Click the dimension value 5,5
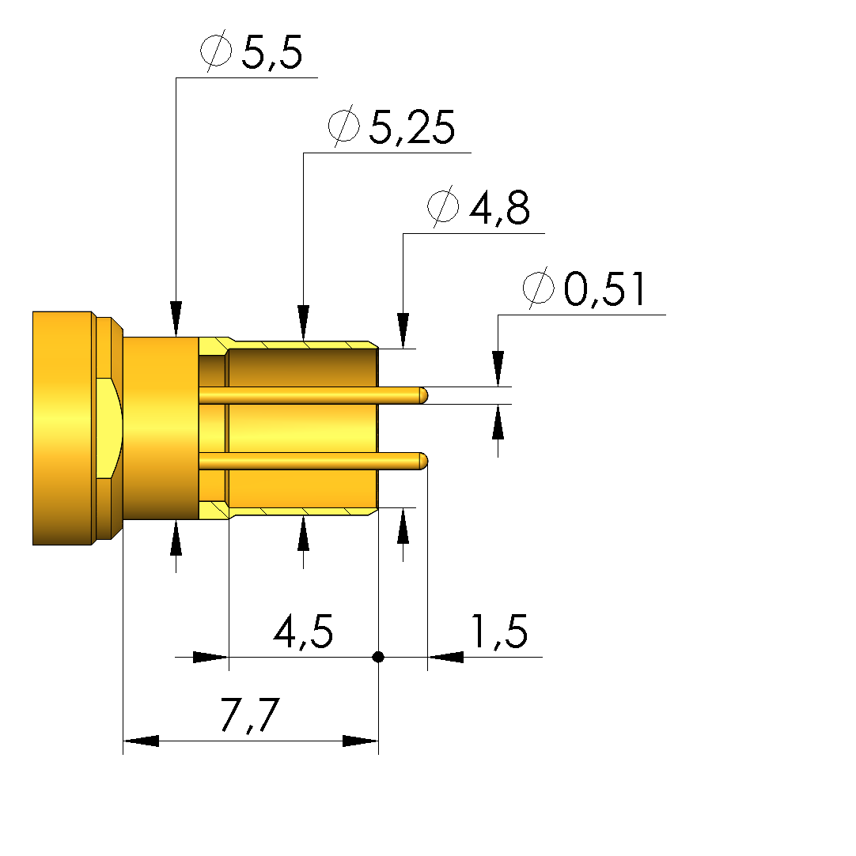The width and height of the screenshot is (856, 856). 271,53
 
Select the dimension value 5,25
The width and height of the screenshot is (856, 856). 412,128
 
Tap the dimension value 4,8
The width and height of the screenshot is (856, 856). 499,208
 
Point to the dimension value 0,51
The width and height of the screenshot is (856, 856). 604,288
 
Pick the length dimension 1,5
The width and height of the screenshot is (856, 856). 498,632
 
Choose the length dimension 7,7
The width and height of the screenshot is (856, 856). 250,715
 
